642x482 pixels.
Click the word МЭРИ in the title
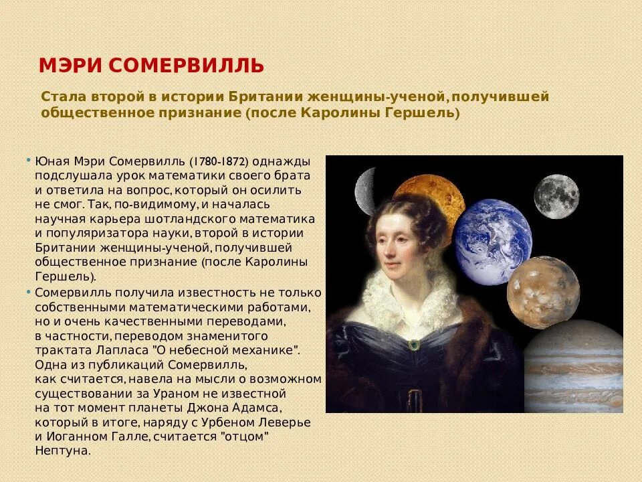[69, 66]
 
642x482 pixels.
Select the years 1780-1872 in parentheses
[219, 161]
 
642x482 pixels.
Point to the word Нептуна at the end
[62, 451]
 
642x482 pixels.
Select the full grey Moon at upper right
[556, 196]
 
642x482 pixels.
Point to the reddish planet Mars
[542, 292]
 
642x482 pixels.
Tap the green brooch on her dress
[415, 344]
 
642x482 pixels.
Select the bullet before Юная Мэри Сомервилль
[29, 161]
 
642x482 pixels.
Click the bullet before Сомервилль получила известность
[29, 293]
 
